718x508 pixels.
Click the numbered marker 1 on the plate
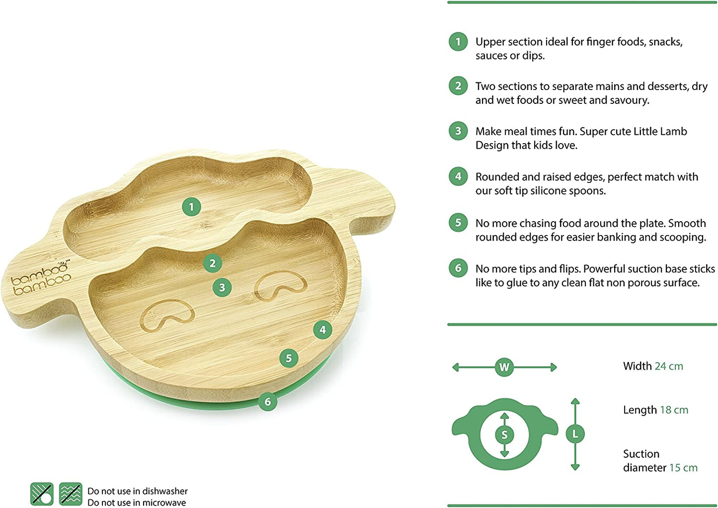point(191,207)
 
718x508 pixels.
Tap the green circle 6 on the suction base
point(268,402)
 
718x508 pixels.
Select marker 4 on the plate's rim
point(322,330)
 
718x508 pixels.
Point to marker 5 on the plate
point(289,358)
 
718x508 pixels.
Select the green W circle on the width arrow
point(504,367)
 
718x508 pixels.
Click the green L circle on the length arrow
point(575,434)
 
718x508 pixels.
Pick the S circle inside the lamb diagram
point(504,435)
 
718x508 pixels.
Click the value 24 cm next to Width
point(669,366)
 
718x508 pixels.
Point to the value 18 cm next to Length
point(674,410)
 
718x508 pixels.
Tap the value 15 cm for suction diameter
point(683,468)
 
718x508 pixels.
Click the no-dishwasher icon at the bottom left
point(42,494)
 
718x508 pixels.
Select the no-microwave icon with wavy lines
point(71,494)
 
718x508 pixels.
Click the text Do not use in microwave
point(137,503)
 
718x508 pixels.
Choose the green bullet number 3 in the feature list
point(458,131)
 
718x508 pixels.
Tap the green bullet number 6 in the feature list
point(458,268)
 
